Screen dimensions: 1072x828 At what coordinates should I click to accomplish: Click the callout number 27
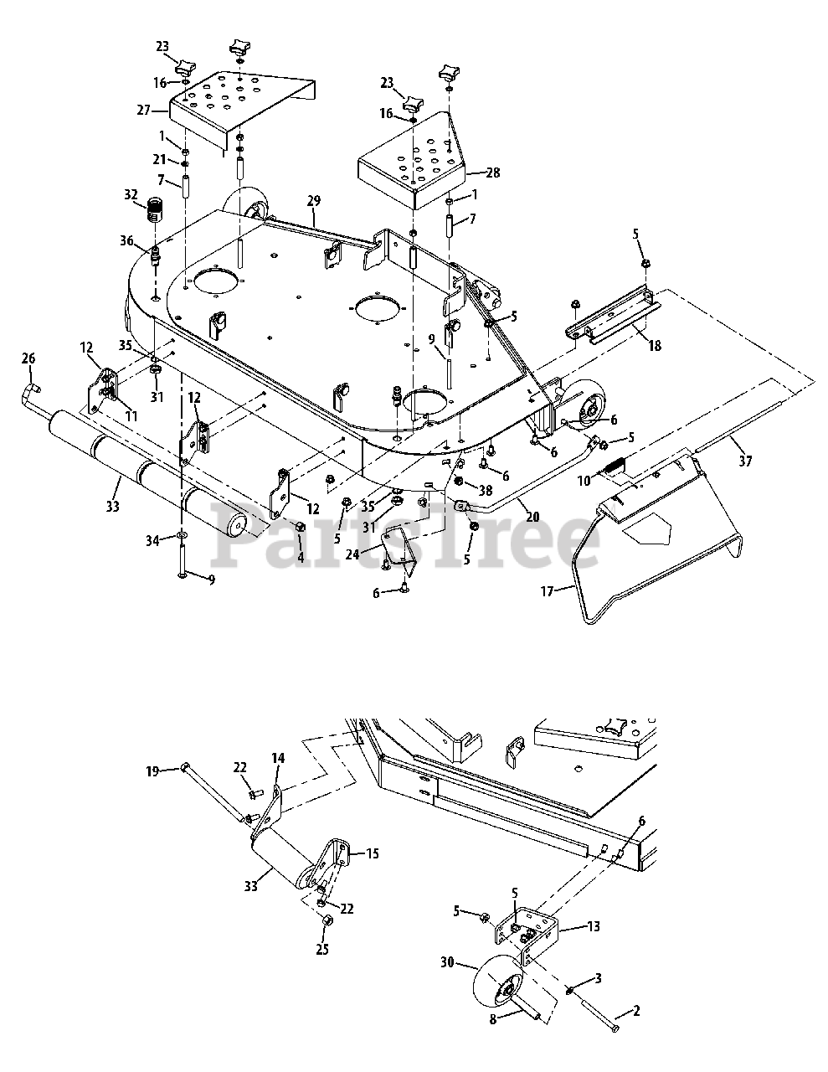(143, 110)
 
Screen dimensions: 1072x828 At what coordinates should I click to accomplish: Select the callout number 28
(492, 173)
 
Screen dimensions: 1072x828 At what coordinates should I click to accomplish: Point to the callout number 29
(314, 201)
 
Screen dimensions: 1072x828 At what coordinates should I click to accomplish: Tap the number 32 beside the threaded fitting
(131, 195)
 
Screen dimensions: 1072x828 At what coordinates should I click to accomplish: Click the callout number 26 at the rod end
(28, 358)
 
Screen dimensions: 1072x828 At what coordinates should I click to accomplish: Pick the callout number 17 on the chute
(547, 591)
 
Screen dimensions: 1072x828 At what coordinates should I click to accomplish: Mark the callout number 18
(655, 344)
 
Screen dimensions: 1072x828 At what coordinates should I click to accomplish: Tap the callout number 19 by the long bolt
(152, 771)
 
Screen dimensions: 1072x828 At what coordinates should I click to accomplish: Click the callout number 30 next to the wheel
(448, 963)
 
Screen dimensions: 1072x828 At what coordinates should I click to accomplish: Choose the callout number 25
(322, 949)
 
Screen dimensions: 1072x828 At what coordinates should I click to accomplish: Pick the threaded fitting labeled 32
(155, 209)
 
